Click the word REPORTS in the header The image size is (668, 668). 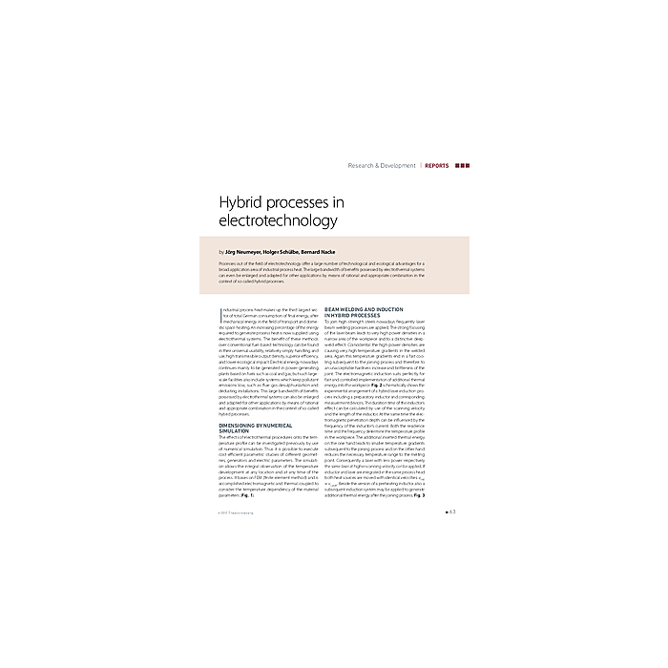tap(437, 165)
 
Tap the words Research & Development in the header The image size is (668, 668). tap(382, 165)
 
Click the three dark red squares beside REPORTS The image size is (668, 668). tap(462, 165)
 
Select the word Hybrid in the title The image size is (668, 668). tap(242, 202)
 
